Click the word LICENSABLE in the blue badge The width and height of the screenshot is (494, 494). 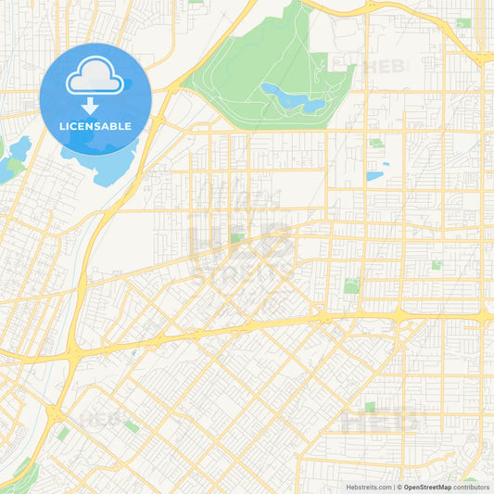tap(96, 126)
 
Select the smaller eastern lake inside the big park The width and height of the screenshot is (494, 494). tap(313, 106)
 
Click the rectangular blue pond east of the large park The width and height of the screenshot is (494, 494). tap(374, 175)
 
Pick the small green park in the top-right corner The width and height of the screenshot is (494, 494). tap(462, 23)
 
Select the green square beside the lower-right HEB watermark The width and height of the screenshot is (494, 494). tap(370, 407)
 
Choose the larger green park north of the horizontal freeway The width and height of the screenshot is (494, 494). tap(351, 285)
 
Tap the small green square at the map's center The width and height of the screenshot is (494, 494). tap(237, 238)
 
